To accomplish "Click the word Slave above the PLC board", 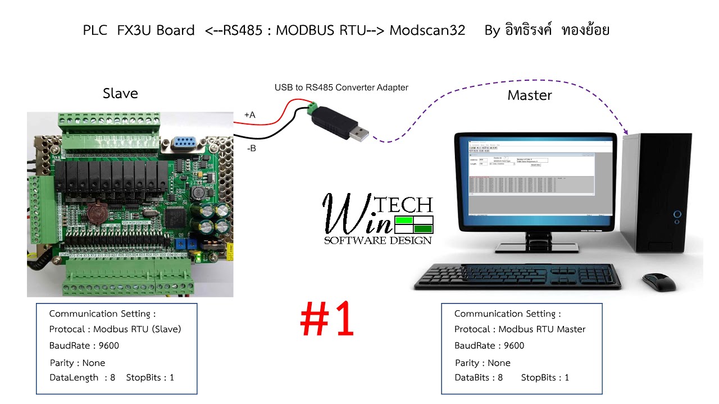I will click(x=120, y=93).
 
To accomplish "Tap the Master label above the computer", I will click(x=529, y=95).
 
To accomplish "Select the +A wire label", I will click(x=249, y=115).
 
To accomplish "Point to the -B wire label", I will click(x=251, y=149).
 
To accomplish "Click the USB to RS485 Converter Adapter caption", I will click(x=341, y=88).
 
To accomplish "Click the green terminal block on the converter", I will click(x=312, y=108).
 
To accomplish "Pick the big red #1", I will click(x=327, y=320).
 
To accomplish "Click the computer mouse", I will click(x=659, y=281).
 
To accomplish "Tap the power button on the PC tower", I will click(x=677, y=214).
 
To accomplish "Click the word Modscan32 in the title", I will click(x=427, y=30).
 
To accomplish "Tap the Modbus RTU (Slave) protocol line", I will click(x=115, y=329).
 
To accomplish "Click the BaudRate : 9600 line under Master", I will click(x=489, y=346).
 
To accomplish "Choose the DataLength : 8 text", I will click(x=82, y=378).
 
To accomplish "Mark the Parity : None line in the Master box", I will click(x=483, y=363).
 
